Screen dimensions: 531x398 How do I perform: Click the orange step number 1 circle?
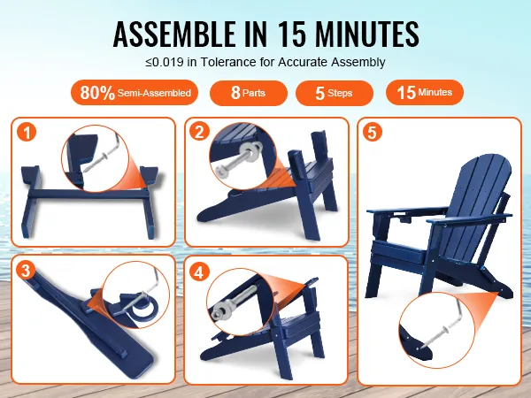point(27,132)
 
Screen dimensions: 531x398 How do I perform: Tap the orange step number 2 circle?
point(199,131)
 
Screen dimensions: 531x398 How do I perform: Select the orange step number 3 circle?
point(26,271)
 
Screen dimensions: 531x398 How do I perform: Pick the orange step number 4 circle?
point(199,272)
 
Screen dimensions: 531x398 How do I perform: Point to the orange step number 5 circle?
point(373,132)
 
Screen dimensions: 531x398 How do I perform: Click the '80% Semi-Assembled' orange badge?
point(135,92)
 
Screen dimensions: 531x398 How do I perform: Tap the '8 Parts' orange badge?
point(249,93)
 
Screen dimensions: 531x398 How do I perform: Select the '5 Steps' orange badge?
point(335,93)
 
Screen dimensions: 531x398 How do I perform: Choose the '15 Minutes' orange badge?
point(425,92)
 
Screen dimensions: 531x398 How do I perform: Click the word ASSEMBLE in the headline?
point(174,34)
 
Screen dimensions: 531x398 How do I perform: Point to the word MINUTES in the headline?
point(366,34)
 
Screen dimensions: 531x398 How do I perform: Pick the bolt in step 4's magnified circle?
point(234,302)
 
